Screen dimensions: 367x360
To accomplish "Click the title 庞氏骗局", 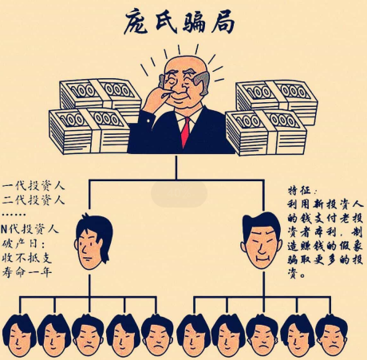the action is (179, 22).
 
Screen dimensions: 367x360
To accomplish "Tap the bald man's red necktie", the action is (186, 133).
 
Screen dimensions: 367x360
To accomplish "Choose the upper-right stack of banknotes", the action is (277, 101).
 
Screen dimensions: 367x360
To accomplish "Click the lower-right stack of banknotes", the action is (266, 133).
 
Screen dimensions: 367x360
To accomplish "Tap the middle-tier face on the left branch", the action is (93, 241).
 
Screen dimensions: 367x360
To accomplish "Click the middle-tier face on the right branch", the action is (262, 240).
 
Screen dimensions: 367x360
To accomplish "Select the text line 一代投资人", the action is (34, 185).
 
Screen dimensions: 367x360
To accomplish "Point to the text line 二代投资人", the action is (34, 200).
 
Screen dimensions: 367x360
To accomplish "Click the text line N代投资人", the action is (30, 229).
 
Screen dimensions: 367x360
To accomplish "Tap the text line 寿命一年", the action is (26, 271).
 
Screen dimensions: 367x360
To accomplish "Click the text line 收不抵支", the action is (26, 258).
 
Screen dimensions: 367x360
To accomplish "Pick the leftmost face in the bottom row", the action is (19, 336).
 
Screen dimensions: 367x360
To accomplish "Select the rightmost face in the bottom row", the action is (332, 336).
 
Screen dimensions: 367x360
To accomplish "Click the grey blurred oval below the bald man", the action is (179, 194).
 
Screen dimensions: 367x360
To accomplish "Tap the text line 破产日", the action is (23, 243).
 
